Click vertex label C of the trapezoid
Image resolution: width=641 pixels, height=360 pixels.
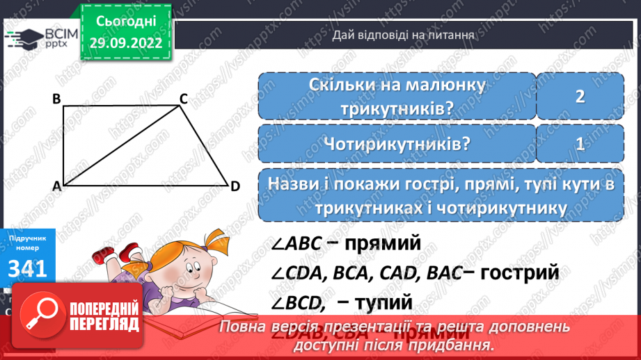pos(184,99)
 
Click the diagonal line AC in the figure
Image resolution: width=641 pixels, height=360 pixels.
pos(122,146)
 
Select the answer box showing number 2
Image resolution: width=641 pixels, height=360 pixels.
pos(579,97)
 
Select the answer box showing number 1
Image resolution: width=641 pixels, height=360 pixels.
pos(579,145)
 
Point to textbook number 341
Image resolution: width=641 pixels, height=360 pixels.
pos(28,268)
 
